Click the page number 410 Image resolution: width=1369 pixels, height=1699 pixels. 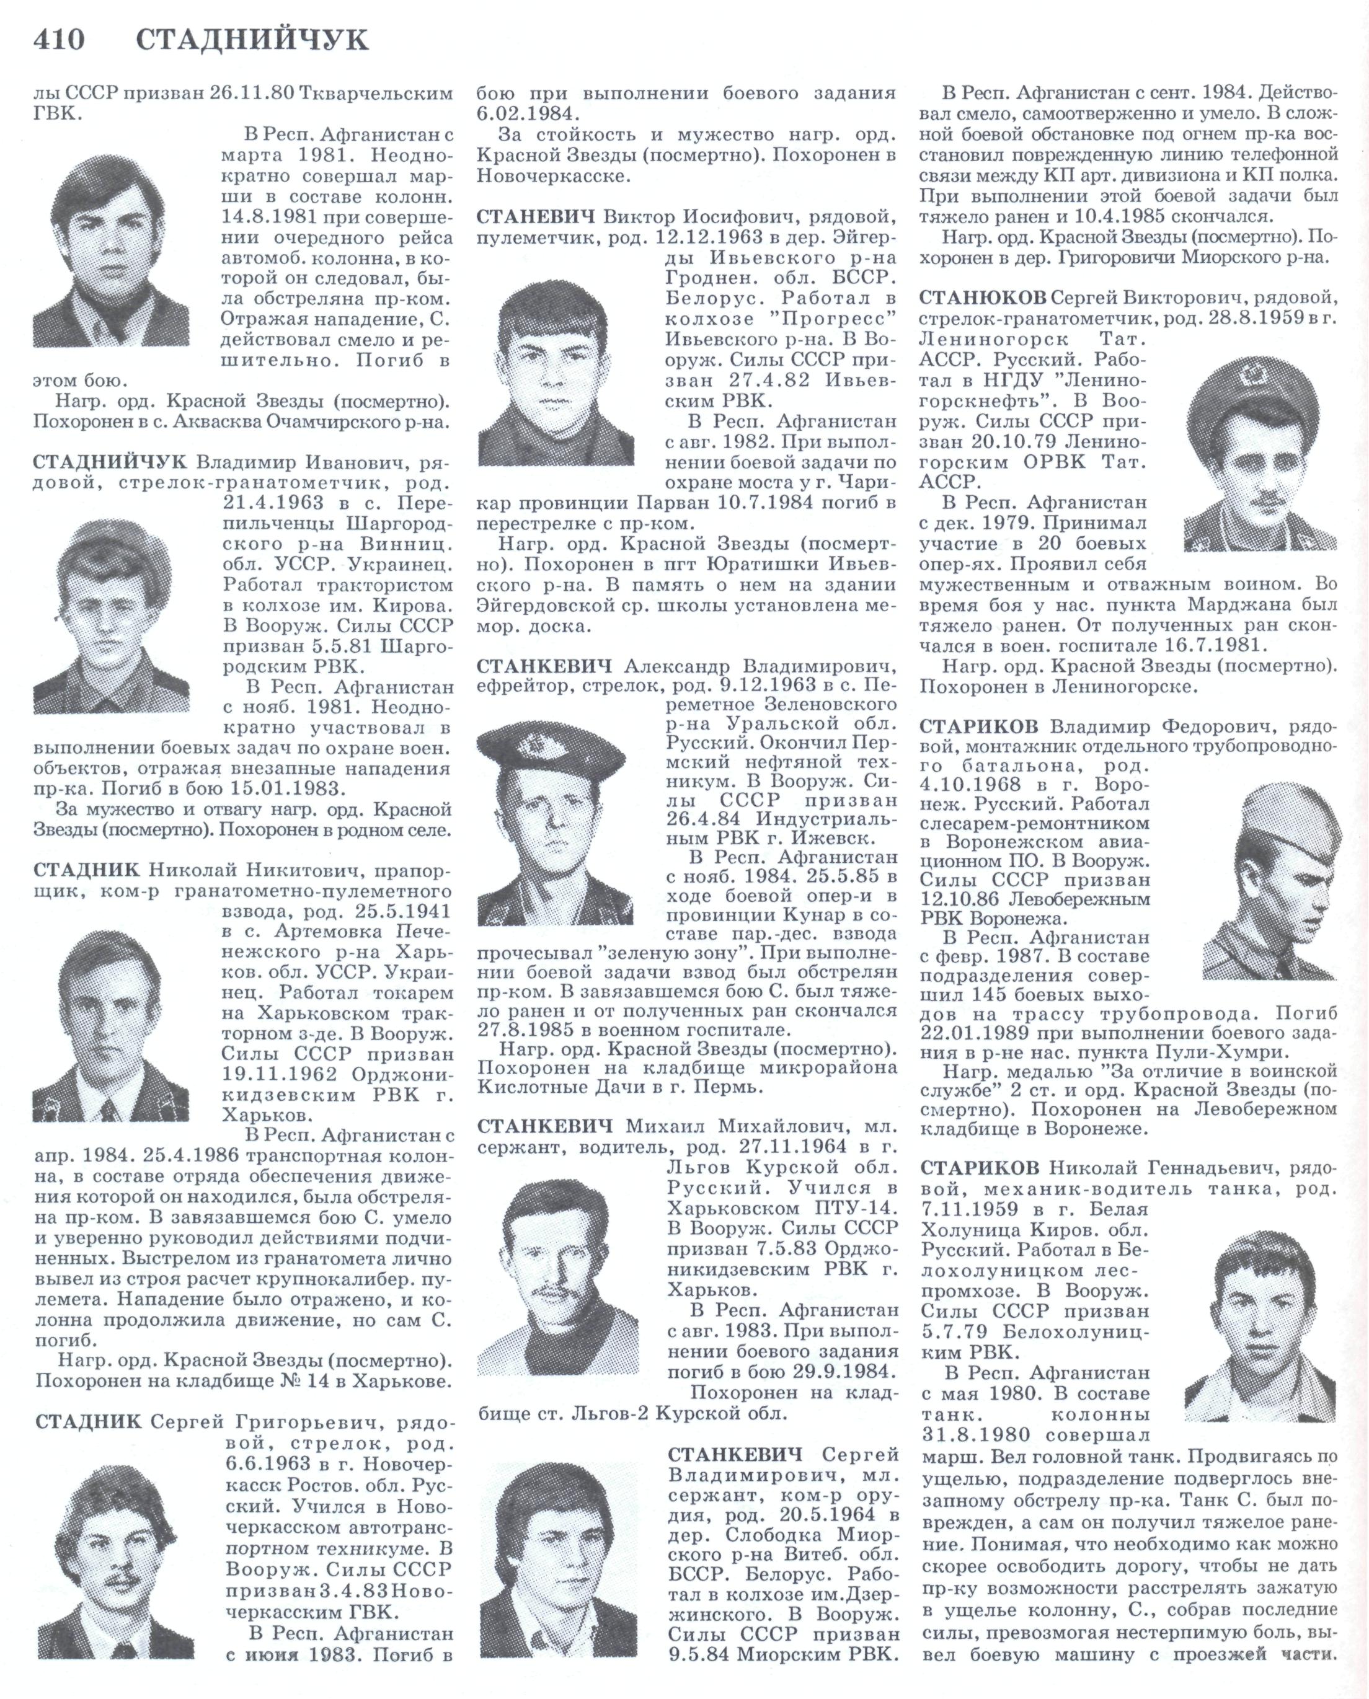(x=59, y=40)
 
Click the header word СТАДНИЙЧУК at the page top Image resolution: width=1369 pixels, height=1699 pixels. (x=252, y=40)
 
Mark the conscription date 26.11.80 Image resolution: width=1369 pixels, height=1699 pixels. (x=252, y=93)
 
